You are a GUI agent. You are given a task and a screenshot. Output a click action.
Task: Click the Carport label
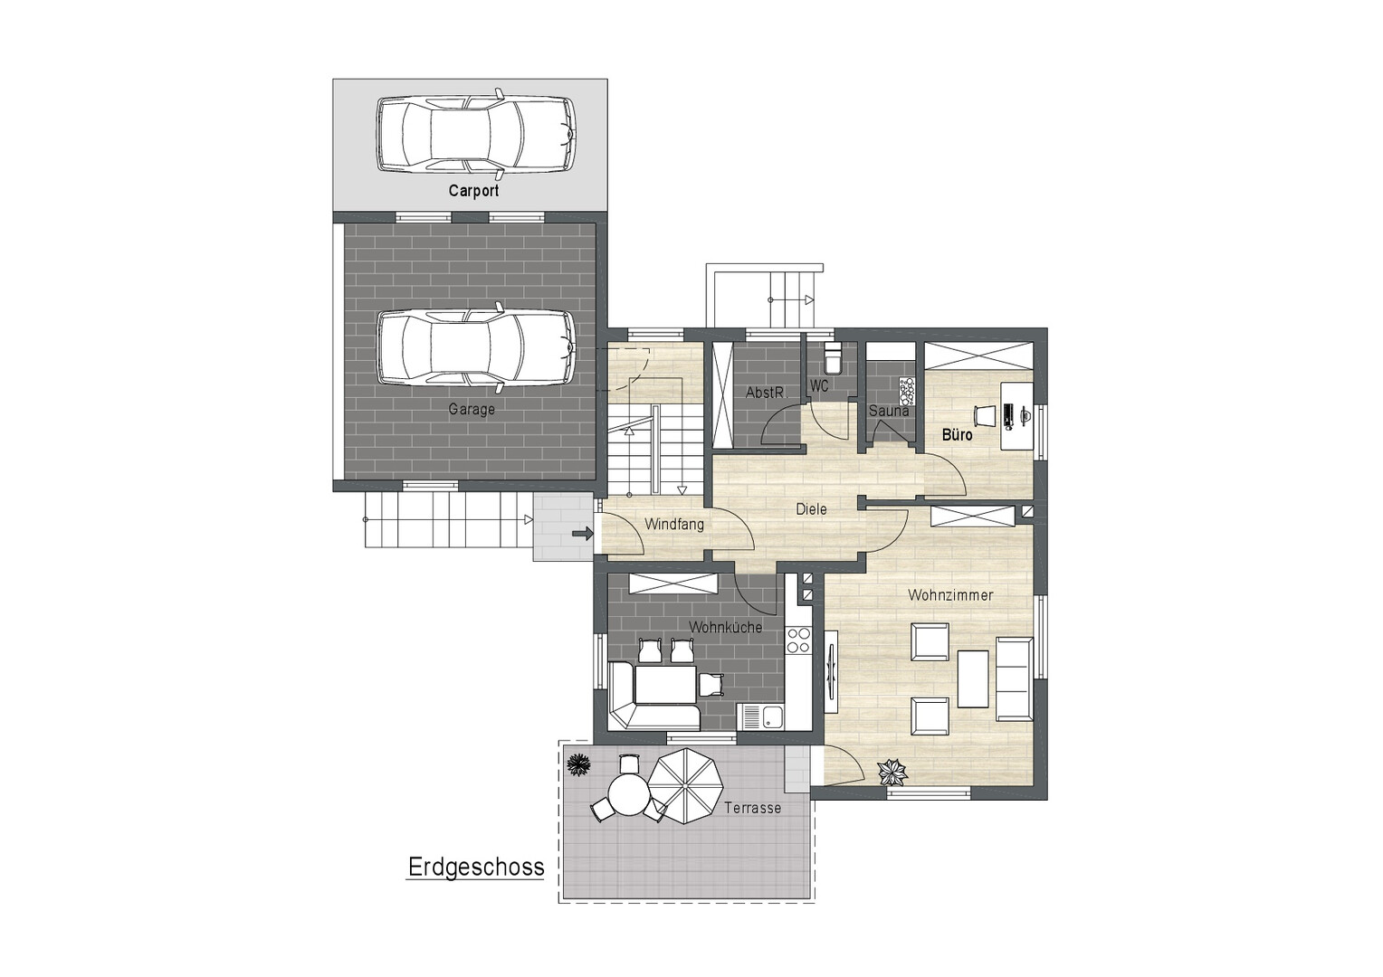[x=473, y=190]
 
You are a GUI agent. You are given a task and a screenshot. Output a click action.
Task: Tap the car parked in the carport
[x=476, y=133]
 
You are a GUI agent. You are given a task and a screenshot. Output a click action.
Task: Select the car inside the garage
[x=476, y=348]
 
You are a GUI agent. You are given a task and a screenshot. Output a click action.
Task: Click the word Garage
[x=472, y=409]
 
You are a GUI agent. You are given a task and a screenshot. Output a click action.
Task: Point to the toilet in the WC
[x=832, y=358]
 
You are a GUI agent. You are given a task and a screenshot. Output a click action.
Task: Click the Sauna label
[x=889, y=411]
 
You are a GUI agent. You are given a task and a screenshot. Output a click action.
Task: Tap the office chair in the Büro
[x=984, y=414]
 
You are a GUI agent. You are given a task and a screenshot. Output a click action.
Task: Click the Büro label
[x=957, y=435]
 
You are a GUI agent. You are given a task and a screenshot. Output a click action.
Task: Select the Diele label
[x=811, y=509]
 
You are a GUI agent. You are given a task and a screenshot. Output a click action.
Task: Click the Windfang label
[x=674, y=525]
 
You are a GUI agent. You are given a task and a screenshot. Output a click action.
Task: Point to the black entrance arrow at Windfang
[x=583, y=534]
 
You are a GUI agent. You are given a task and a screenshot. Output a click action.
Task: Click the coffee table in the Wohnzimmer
[x=973, y=678]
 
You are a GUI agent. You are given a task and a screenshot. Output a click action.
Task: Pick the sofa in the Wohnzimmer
[x=1015, y=678]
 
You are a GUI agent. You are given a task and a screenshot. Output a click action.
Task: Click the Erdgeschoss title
[x=476, y=867]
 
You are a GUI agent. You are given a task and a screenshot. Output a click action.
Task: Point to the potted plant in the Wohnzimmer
[x=892, y=772]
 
